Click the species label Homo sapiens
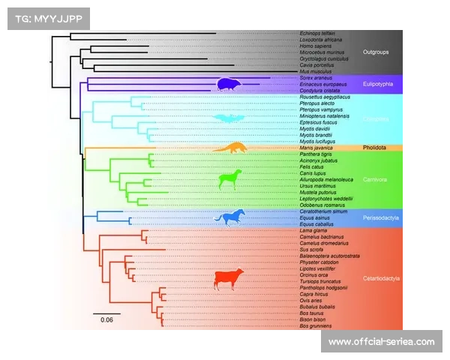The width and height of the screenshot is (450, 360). (x=313, y=46)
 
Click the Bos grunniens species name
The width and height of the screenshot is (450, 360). (x=315, y=326)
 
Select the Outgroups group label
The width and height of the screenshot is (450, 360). (x=377, y=52)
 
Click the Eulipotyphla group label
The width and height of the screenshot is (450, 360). (x=377, y=84)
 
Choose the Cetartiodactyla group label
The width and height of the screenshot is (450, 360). (x=379, y=279)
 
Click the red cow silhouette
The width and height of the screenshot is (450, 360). (x=229, y=279)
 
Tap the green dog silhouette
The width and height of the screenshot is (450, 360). (x=230, y=179)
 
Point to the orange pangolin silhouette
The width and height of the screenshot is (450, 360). (x=230, y=147)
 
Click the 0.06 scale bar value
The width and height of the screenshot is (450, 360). (x=107, y=320)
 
